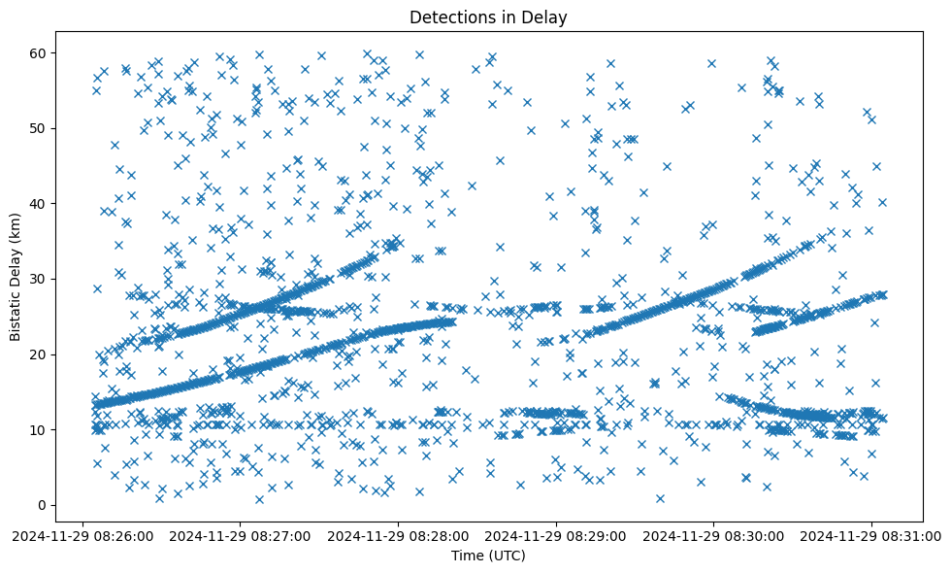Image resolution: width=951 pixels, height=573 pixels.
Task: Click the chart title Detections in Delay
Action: click(x=488, y=17)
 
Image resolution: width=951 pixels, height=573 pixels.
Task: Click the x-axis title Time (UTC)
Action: click(x=488, y=556)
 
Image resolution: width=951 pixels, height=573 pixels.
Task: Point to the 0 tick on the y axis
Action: click(x=43, y=505)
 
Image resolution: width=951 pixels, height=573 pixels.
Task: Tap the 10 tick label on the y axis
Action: click(x=40, y=429)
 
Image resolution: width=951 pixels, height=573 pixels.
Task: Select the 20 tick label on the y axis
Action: click(x=40, y=354)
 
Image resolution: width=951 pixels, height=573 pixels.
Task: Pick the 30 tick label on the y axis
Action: click(x=40, y=279)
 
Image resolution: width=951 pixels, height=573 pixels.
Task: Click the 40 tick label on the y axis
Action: click(x=40, y=203)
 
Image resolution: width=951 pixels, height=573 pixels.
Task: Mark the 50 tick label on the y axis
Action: click(x=40, y=128)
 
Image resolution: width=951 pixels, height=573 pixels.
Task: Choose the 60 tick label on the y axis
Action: click(x=40, y=52)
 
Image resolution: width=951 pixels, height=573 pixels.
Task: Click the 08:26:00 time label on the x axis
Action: click(x=83, y=535)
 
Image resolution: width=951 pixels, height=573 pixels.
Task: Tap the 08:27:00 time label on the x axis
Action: click(x=241, y=535)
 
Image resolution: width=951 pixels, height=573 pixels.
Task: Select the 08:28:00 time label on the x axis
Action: click(x=399, y=535)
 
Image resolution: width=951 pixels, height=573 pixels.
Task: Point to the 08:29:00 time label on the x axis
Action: click(x=556, y=535)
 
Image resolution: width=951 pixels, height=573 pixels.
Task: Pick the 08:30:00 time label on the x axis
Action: click(x=714, y=535)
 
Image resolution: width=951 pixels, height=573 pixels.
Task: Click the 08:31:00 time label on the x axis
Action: click(x=871, y=535)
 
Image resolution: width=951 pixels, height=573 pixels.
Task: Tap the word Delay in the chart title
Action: click(x=546, y=17)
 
